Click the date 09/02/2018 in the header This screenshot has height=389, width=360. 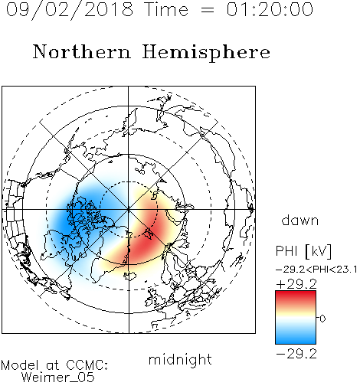pos(69,10)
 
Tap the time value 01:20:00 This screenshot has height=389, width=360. pos(270,10)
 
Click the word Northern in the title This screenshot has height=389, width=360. pos(82,51)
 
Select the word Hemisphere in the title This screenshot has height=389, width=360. pos(206,53)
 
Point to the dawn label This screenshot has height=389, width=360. pos(300,221)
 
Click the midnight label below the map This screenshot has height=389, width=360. pos(180,359)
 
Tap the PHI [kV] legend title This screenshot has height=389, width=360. pos(303,251)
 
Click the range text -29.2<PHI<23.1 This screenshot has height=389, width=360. pos(316,270)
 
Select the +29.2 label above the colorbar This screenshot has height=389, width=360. pos(296,284)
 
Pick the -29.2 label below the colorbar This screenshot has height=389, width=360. pos(296,354)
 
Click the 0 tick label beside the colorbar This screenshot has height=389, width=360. pos(322,319)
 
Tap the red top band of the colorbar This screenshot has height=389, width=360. pos(296,296)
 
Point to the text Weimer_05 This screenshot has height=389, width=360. pos(58,378)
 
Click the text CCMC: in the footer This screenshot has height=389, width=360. pos(87,365)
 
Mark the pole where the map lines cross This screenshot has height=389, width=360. pos(129,210)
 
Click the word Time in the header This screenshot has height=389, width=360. pos(166,10)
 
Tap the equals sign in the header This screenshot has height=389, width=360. pos(207,11)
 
